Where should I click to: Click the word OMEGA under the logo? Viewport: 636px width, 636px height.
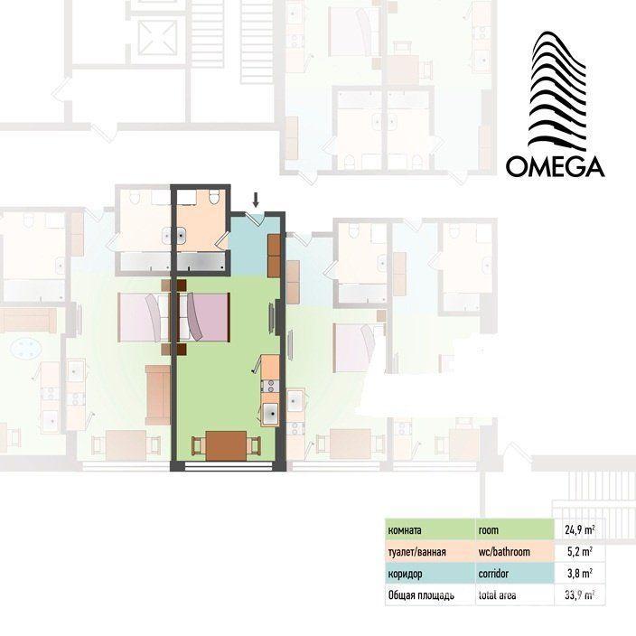555,166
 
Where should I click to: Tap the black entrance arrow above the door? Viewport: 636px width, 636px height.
256,200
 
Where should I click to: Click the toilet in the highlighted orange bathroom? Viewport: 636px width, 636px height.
214,197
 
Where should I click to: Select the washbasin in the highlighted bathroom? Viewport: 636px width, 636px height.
182,235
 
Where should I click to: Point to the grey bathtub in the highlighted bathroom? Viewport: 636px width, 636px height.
201,262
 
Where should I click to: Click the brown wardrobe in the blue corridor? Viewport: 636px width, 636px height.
275,256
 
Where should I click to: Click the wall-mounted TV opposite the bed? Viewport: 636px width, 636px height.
271,318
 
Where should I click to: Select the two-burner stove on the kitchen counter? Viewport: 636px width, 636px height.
270,386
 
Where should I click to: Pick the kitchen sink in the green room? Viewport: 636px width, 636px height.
270,414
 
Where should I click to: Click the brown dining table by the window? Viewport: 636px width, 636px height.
226,445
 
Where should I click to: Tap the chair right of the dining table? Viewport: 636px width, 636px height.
254,445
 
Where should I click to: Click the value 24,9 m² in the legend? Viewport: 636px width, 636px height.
580,529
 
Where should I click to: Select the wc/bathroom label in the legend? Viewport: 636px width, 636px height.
504,552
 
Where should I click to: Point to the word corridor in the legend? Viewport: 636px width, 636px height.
493,574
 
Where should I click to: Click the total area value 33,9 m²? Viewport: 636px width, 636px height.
580,595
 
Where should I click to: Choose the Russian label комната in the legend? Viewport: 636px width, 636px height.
405,530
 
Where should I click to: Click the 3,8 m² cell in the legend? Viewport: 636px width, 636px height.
580,573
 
